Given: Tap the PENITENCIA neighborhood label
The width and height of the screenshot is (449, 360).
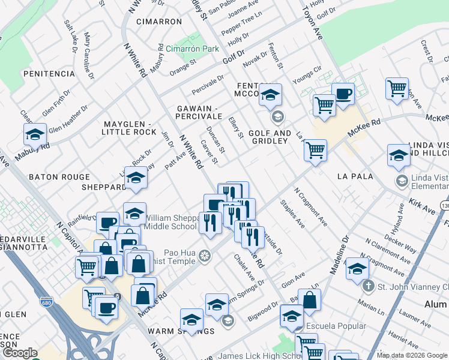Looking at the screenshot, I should (x=48, y=74).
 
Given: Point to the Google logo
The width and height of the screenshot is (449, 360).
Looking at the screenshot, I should (x=20, y=353).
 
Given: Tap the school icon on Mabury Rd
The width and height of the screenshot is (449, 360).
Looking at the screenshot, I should (x=35, y=134).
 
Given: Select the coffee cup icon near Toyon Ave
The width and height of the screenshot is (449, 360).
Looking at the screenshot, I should (x=343, y=94).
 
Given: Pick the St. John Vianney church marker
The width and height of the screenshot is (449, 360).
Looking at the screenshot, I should (x=369, y=286).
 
